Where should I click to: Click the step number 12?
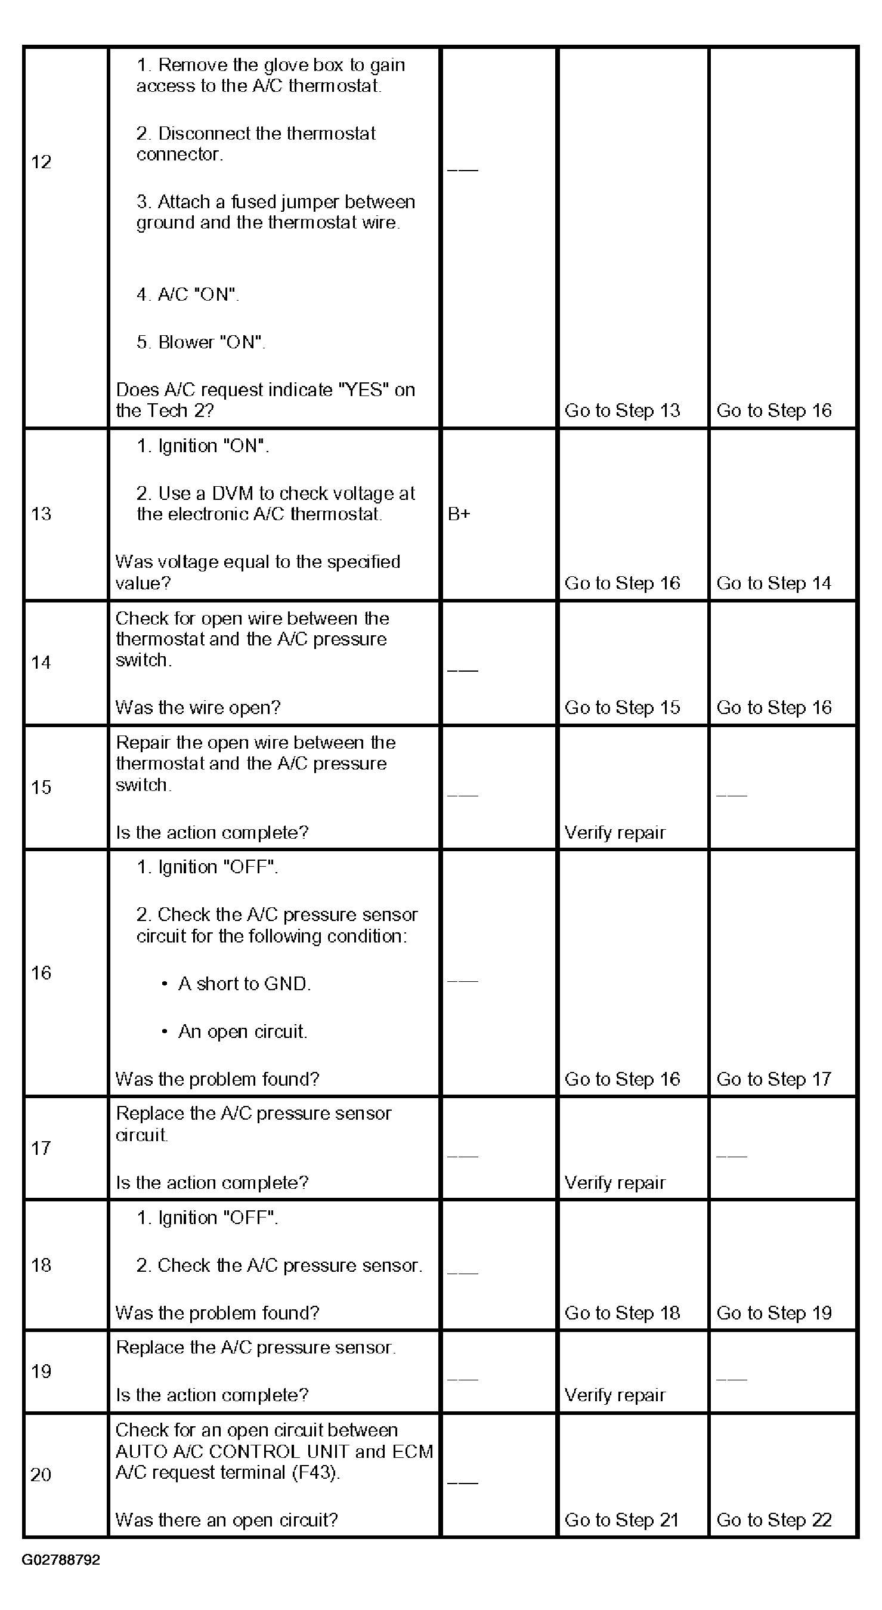click(x=41, y=162)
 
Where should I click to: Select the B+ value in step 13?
click(x=459, y=514)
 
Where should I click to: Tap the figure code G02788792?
click(x=61, y=1560)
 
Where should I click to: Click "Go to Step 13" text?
click(x=622, y=410)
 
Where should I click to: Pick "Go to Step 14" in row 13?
click(x=773, y=583)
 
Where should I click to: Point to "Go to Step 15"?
click(x=622, y=707)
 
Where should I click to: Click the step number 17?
click(x=41, y=1148)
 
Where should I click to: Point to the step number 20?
click(x=41, y=1475)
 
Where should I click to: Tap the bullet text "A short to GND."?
click(x=245, y=984)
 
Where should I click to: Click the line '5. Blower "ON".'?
click(x=200, y=342)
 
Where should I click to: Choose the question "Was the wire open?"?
click(x=198, y=707)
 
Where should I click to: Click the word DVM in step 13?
click(x=232, y=494)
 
